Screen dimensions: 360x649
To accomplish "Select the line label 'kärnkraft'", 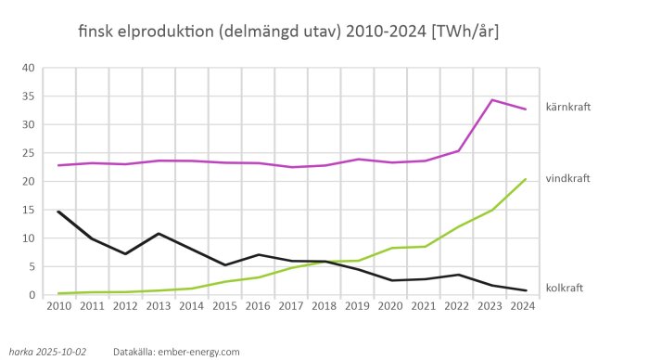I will click(567, 107).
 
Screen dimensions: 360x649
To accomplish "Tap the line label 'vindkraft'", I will click(567, 178).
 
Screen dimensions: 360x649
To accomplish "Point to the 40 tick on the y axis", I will click(28, 68).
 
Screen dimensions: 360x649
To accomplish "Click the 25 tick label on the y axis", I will click(28, 153).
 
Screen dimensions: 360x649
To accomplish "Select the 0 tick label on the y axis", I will click(32, 295).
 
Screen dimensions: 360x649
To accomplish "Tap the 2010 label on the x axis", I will click(58, 306).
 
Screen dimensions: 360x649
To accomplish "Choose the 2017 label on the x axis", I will click(291, 306).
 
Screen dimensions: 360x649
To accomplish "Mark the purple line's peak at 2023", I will click(491, 100).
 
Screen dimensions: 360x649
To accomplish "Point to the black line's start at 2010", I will click(58, 212).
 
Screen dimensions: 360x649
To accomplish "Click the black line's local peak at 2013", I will click(159, 234).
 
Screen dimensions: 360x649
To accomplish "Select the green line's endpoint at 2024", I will click(526, 179).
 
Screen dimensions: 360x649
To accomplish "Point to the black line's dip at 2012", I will click(125, 254).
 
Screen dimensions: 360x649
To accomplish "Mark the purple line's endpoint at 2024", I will click(526, 109).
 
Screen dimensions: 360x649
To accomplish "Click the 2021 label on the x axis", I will click(425, 306).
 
